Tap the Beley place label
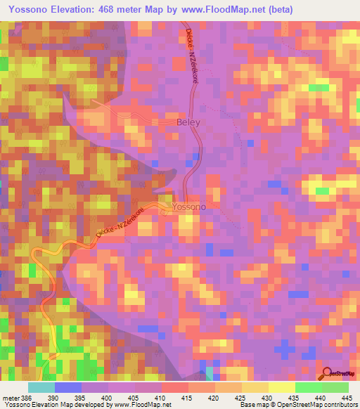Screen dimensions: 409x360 pos(188,122)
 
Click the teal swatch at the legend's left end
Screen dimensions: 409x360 pos(41,388)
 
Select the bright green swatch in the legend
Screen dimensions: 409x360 pos(309,388)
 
